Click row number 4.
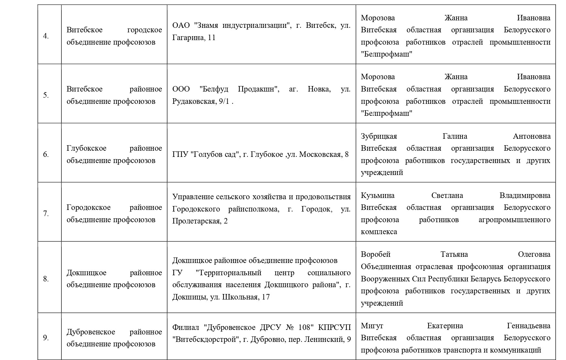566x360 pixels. click(46, 36)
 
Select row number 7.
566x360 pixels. click(46, 214)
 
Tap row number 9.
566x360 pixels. click(46, 338)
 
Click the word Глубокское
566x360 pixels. click(86, 148)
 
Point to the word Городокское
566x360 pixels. click(88, 208)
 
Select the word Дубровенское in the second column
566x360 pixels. click(91, 332)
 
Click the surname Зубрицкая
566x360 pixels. click(379, 136)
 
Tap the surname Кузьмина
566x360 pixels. click(377, 196)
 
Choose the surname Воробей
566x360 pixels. click(376, 255)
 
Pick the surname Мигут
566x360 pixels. click(372, 326)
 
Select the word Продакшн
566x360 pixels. click(259, 89)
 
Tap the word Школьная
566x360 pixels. click(239, 297)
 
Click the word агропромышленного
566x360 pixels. click(514, 220)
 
